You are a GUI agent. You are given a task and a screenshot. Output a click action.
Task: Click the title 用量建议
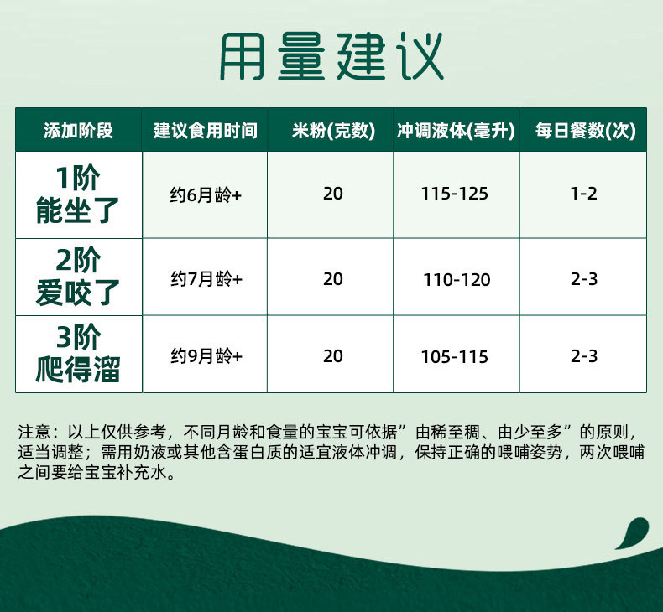click(331, 56)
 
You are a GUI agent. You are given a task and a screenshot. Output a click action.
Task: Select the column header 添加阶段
click(78, 131)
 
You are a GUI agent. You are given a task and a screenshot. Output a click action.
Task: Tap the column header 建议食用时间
click(205, 131)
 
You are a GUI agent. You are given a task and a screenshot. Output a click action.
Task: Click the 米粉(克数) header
click(333, 131)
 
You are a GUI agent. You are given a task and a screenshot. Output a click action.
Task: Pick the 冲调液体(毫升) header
click(456, 131)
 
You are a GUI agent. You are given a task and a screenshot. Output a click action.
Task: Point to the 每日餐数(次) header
click(585, 131)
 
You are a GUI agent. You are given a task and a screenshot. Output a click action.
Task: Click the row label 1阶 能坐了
click(78, 194)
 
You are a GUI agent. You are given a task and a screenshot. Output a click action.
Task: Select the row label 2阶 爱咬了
click(78, 277)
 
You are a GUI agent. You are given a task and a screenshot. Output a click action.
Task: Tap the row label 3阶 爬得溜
click(78, 354)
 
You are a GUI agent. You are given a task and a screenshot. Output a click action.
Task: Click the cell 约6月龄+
click(206, 195)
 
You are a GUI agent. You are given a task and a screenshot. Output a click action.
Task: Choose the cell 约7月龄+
click(206, 279)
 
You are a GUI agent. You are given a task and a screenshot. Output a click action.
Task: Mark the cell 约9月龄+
click(206, 356)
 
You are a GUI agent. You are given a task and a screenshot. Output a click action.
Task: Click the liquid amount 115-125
click(455, 194)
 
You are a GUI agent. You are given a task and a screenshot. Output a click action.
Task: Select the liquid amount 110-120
click(457, 280)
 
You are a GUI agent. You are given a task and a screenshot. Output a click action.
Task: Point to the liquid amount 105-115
click(455, 357)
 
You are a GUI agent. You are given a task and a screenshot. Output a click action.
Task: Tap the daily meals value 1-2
click(583, 194)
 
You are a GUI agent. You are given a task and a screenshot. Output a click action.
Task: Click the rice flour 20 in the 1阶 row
click(333, 194)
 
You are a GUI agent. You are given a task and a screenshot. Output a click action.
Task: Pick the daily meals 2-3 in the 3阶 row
click(583, 356)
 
